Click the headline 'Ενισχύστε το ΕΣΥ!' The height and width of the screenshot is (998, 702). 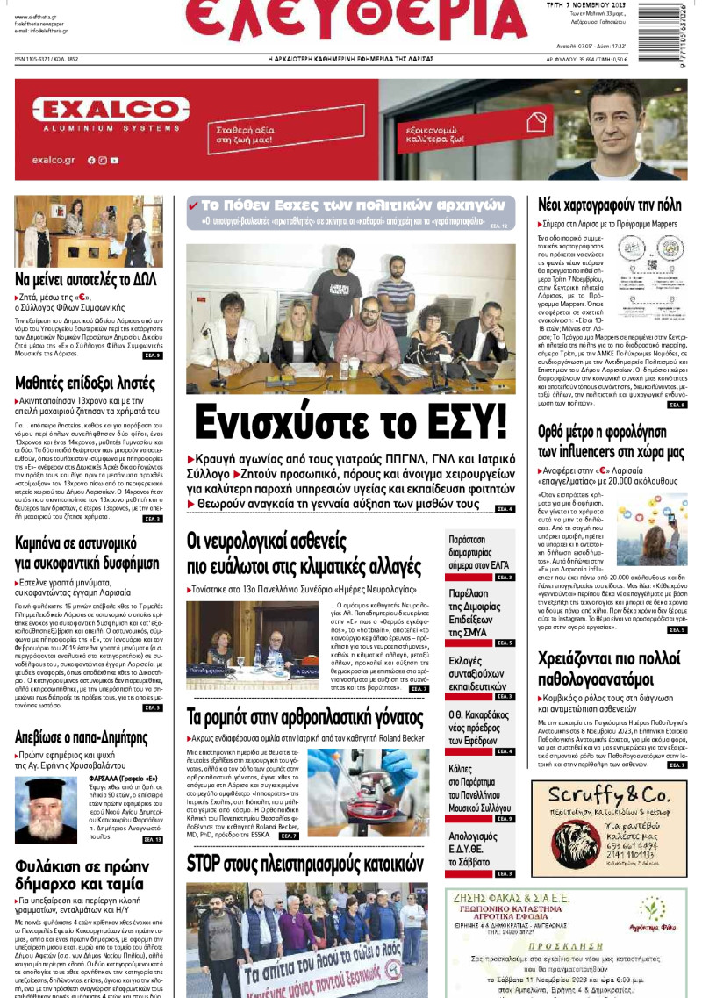[350, 421]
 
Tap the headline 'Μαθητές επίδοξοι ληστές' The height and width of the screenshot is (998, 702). [84, 383]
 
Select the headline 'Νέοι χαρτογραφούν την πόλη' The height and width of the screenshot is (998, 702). [609, 205]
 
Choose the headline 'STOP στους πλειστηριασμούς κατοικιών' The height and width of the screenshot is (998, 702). [305, 864]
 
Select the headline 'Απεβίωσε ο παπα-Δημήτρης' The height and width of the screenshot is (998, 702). [82, 736]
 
